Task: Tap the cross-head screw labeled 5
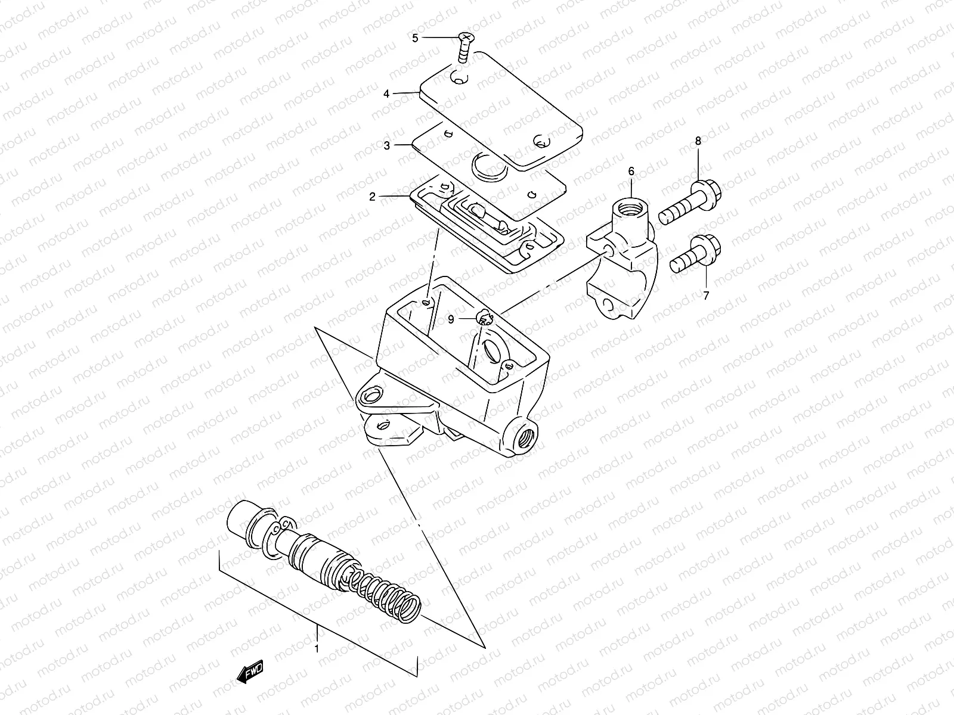pyautogui.click(x=464, y=47)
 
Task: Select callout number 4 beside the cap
pyautogui.click(x=386, y=94)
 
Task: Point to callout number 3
pyautogui.click(x=386, y=145)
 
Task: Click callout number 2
pyautogui.click(x=372, y=197)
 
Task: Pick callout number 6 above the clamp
pyautogui.click(x=630, y=171)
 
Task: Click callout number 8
pyautogui.click(x=698, y=141)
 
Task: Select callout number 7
pyautogui.click(x=706, y=296)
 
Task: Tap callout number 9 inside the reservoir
pyautogui.click(x=451, y=319)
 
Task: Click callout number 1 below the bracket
pyautogui.click(x=317, y=648)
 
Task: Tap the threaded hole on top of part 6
pyautogui.click(x=629, y=209)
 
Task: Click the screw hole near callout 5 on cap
pyautogui.click(x=459, y=77)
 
